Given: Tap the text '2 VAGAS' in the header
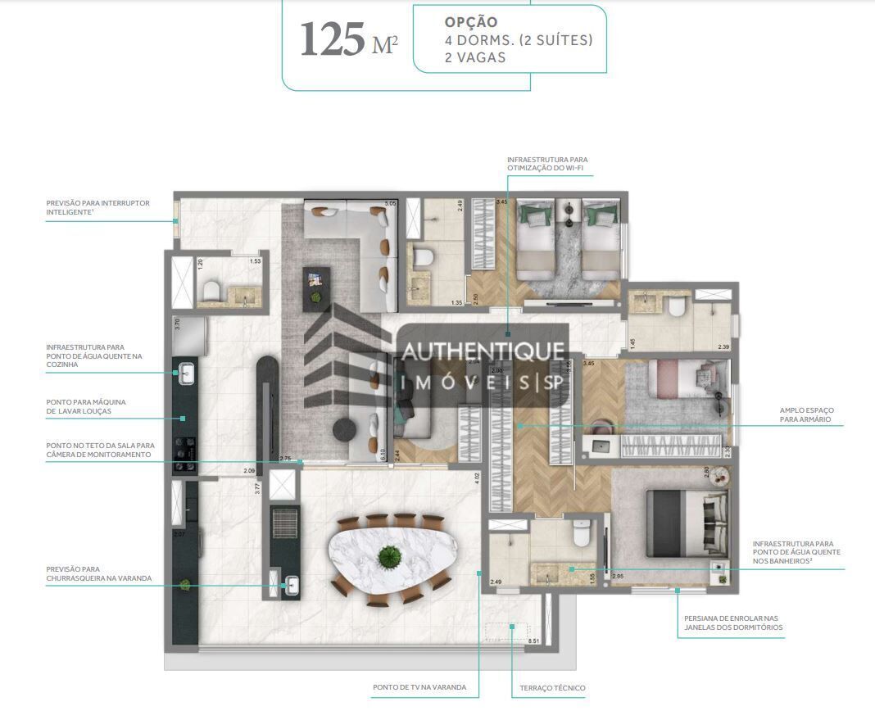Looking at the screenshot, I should click(x=475, y=57).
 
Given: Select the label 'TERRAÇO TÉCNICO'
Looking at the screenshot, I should click(x=552, y=688).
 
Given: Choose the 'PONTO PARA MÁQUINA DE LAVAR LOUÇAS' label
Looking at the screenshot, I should click(x=85, y=406).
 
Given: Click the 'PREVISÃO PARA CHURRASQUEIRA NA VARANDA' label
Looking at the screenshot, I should click(x=98, y=573).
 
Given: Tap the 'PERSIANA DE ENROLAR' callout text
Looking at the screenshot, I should click(x=728, y=623).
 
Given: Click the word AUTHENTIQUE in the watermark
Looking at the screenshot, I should click(x=483, y=351).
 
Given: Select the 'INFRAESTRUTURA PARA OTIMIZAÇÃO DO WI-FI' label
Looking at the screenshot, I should click(x=546, y=164).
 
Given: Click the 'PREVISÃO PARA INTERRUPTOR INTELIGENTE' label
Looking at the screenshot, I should click(x=97, y=207).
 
